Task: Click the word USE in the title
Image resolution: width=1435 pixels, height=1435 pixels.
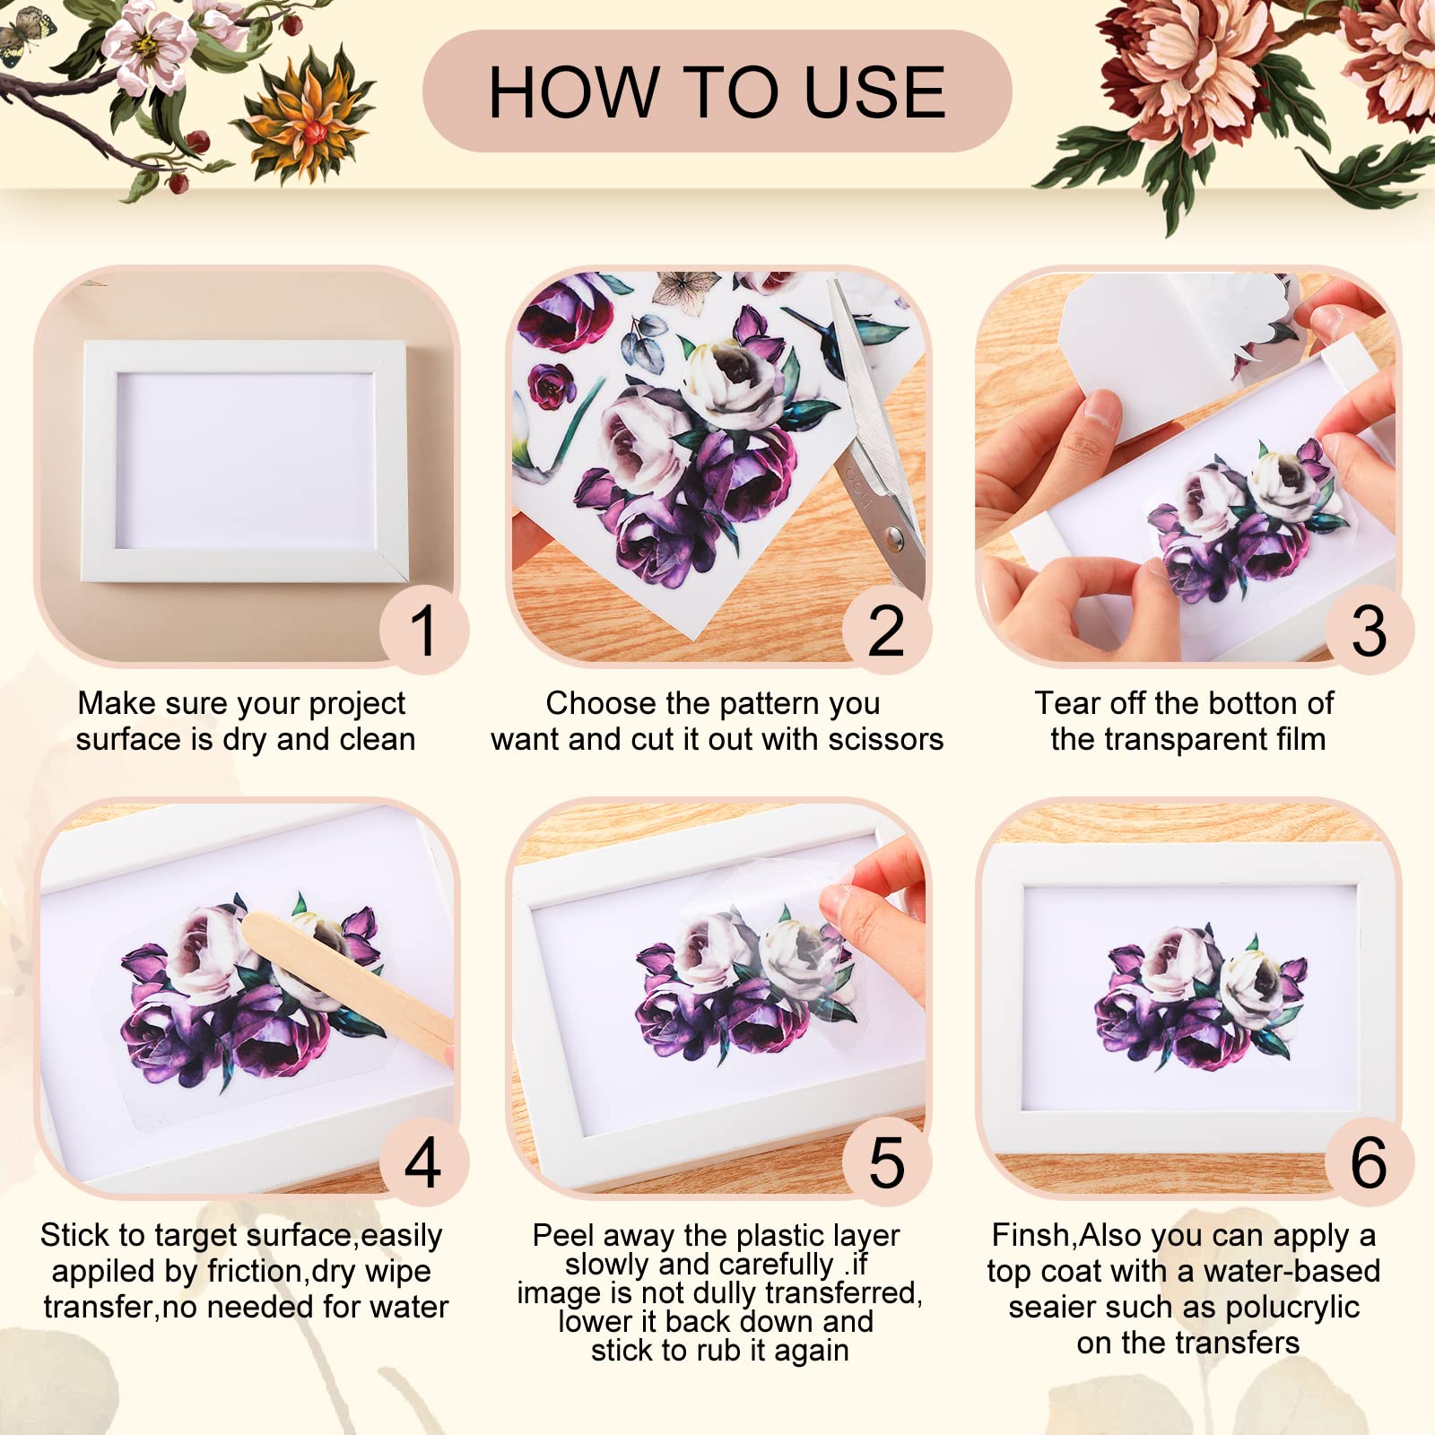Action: pos(874,92)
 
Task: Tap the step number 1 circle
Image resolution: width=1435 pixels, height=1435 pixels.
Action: pos(423,631)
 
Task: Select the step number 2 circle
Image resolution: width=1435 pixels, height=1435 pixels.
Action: pos(886,631)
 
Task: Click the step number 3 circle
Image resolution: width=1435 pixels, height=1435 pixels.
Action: pos(1369,631)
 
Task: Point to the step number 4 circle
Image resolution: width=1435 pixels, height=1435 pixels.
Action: pos(423,1162)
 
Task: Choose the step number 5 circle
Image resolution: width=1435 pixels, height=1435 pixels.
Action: pos(886,1162)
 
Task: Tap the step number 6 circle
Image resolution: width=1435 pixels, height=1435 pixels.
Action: pos(1369,1162)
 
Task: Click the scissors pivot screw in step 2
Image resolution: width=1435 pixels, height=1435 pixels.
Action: pos(893,538)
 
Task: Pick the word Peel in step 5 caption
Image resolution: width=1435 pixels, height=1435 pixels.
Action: pos(556,1235)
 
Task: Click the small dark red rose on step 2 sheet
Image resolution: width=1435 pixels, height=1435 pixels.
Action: pos(550,387)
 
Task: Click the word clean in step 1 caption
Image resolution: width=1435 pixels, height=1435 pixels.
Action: pos(376,739)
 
